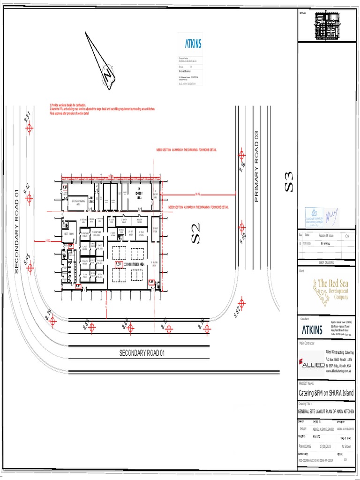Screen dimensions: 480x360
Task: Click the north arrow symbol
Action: click(102, 61)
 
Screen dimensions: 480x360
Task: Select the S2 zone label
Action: click(195, 233)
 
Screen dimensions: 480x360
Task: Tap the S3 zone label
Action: click(289, 181)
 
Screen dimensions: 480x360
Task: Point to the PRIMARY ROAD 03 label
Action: click(256, 166)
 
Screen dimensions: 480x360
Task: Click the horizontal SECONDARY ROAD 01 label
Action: click(142, 352)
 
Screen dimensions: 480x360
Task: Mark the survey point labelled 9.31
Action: click(30, 127)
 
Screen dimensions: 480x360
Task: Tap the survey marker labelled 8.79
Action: click(52, 321)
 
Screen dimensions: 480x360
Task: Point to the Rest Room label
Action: click(69, 233)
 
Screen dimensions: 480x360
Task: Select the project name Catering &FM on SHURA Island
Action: click(326, 393)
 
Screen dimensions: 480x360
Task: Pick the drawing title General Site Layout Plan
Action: click(326, 412)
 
